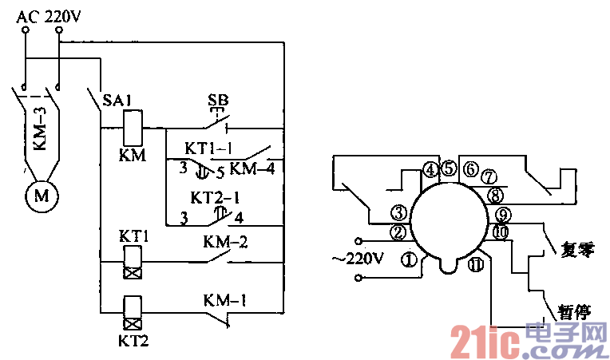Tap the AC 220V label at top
[x=49, y=13]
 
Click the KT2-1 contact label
[x=210, y=196]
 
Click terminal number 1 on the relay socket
[x=409, y=259]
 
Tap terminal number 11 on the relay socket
[x=476, y=266]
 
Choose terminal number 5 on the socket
[x=449, y=169]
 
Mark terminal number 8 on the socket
[x=495, y=194]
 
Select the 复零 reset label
[x=572, y=249]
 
